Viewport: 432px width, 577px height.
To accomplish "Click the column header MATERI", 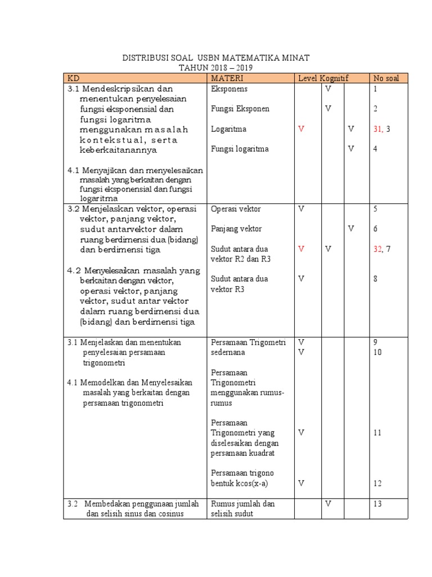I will (x=223, y=78).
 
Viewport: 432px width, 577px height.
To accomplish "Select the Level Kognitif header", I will (x=323, y=78).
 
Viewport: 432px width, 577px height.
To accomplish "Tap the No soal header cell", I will (x=385, y=78).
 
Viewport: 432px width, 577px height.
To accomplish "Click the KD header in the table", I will (x=74, y=78).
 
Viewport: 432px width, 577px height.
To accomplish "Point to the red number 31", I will (x=377, y=129).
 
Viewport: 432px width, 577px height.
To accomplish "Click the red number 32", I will (x=377, y=249).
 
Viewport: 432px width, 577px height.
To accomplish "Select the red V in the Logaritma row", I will (x=301, y=129).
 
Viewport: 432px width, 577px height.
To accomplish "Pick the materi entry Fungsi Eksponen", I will (x=240, y=109).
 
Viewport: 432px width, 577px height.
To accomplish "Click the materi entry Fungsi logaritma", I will (x=240, y=149).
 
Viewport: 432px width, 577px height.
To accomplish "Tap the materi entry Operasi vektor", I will (x=236, y=209).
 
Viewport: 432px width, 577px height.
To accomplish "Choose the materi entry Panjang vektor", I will (x=236, y=229).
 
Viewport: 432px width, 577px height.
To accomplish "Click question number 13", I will (x=377, y=504).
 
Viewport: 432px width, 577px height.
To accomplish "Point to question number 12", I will (x=377, y=483).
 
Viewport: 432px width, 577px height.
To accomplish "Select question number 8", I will (x=375, y=278).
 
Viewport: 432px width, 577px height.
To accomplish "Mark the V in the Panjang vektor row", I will (x=351, y=229).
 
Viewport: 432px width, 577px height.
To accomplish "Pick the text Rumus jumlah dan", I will (x=242, y=504).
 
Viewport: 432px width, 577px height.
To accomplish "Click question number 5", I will (x=375, y=209).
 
